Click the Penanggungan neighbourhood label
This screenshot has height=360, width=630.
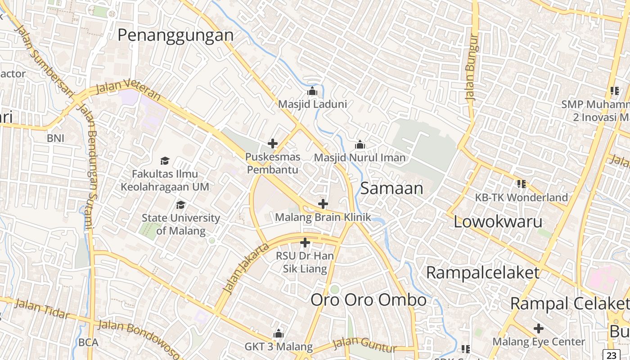pyautogui.click(x=175, y=35)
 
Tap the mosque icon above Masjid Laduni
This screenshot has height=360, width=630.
pyautogui.click(x=312, y=91)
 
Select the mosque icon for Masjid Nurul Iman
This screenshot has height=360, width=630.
pyautogui.click(x=360, y=145)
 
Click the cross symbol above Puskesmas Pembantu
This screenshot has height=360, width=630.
pyautogui.click(x=273, y=144)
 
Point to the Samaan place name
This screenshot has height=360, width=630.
pyautogui.click(x=391, y=188)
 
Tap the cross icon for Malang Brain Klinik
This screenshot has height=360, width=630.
pyautogui.click(x=323, y=204)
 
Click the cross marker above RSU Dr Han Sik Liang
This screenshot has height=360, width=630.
pyautogui.click(x=305, y=243)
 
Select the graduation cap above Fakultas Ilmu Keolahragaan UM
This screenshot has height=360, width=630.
pyautogui.click(x=165, y=161)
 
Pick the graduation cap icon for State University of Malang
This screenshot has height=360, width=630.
pyautogui.click(x=181, y=205)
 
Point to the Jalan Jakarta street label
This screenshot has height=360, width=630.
pyautogui.click(x=246, y=268)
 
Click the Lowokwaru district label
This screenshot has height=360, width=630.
pyautogui.click(x=498, y=221)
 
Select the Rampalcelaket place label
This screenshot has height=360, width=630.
pyautogui.click(x=482, y=273)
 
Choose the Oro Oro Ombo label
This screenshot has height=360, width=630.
pyautogui.click(x=369, y=300)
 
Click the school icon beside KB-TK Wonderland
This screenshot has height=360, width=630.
pyautogui.click(x=522, y=184)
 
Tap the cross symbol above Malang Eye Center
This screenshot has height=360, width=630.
pyautogui.click(x=539, y=328)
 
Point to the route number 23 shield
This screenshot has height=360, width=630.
pyautogui.click(x=611, y=355)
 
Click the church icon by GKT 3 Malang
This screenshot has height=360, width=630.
pyautogui.click(x=279, y=333)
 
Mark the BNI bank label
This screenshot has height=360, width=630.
pyautogui.click(x=55, y=138)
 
